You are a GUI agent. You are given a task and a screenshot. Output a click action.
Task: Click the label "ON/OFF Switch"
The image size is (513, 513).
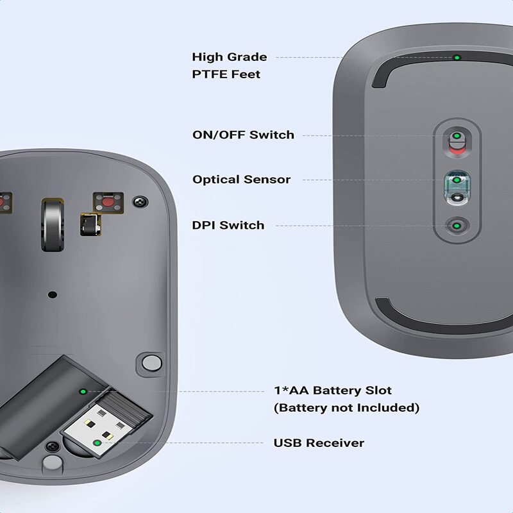coord(243,135)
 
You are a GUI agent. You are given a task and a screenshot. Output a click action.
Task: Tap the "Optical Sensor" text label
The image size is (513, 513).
coord(241,180)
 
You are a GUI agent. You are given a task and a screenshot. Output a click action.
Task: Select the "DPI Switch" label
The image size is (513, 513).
coord(228,225)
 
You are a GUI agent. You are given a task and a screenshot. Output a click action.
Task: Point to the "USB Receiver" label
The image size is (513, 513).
coord(319,442)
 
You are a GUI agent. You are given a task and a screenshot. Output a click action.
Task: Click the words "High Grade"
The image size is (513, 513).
coord(229,57)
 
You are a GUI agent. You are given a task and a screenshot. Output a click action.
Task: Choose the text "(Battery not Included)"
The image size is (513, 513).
coord(346,407)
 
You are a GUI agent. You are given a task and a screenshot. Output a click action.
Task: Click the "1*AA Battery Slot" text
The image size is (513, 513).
coord(332,390)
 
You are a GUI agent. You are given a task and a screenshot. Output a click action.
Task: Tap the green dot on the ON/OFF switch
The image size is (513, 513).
coord(457,136)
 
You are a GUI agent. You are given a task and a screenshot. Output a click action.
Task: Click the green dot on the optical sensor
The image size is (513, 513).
coord(457,180)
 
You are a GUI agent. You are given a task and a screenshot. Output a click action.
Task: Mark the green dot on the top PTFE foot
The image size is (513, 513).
coord(457,57)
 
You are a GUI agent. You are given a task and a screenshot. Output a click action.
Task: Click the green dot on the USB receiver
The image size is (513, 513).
coord(97,442)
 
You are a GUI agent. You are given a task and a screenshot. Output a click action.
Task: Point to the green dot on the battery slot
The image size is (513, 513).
coord(82,391)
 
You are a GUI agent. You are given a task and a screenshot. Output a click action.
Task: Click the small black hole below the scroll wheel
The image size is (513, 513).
coord(53,295)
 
